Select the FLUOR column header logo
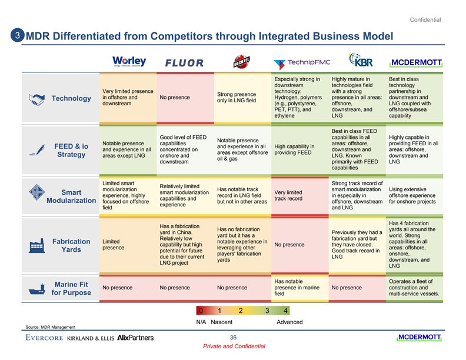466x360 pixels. point(184,64)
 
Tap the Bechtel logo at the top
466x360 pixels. point(240,61)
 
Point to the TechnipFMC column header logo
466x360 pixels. point(302,62)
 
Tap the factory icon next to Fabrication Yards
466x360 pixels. point(36,247)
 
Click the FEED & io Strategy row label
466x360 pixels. point(71,151)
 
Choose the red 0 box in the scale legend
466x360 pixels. point(201,311)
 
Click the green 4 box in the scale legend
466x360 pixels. point(285,311)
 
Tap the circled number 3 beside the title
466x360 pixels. point(18,35)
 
